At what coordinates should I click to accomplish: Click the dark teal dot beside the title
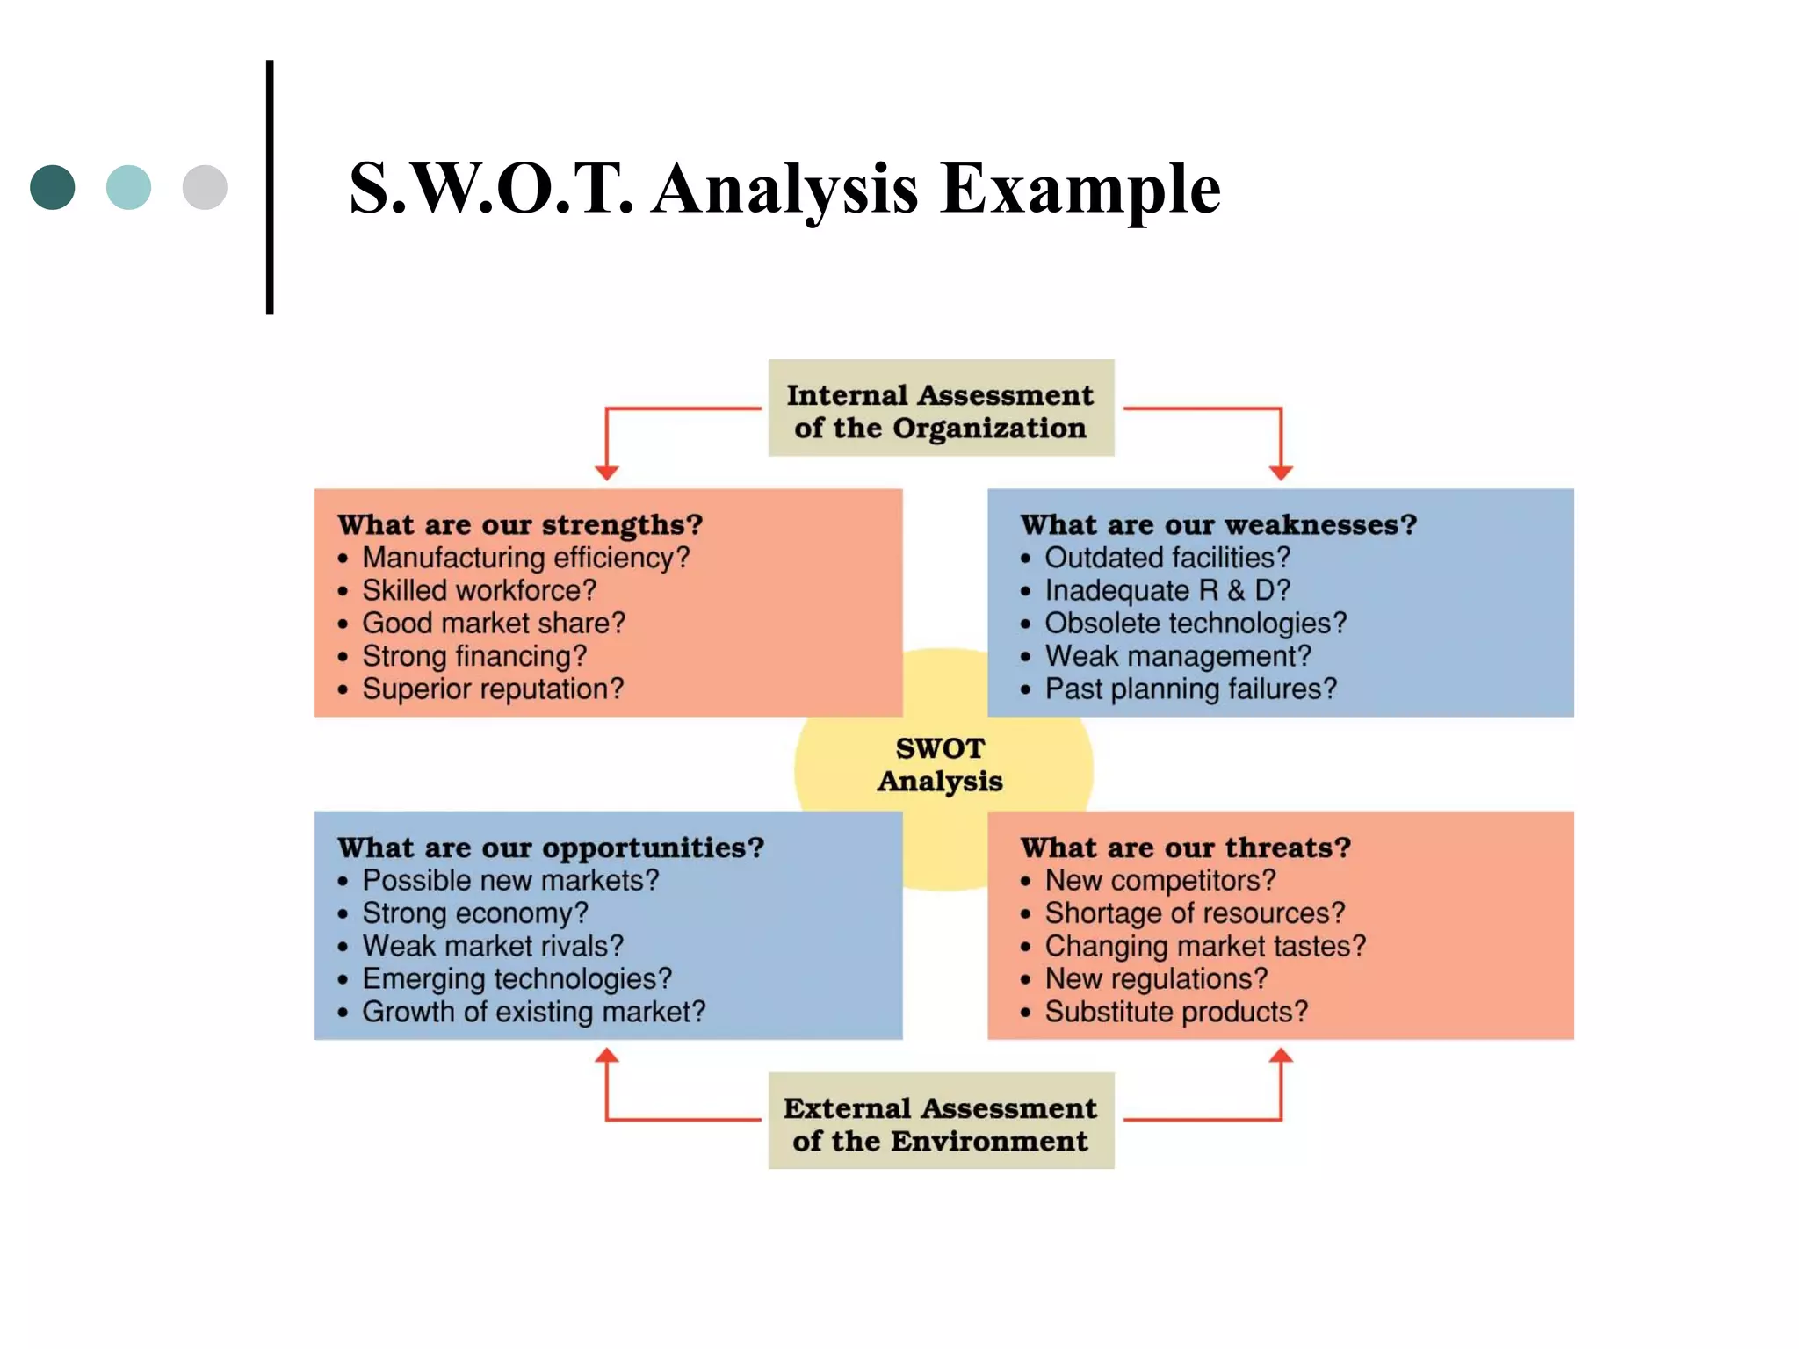click(53, 187)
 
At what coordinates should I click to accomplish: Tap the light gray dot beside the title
click(205, 187)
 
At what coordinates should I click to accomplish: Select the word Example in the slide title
click(1080, 189)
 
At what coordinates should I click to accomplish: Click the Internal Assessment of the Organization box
click(941, 408)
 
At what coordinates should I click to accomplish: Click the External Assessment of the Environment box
click(941, 1122)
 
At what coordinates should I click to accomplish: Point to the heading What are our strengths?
click(520, 525)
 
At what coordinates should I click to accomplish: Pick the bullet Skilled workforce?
click(479, 590)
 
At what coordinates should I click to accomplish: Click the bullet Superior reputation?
click(492, 689)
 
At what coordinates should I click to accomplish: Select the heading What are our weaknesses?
click(1218, 525)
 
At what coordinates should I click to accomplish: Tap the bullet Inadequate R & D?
click(1167, 590)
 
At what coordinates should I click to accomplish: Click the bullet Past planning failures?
click(1190, 689)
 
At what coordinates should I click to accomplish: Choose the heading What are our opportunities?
click(551, 848)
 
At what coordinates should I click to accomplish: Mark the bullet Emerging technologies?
click(517, 979)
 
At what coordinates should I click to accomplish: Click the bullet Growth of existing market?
click(533, 1012)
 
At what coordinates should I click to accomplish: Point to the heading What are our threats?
click(1185, 848)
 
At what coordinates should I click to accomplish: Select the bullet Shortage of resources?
click(1195, 913)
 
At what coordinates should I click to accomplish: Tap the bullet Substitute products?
click(1176, 1012)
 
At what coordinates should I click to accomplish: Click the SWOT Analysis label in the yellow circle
click(940, 765)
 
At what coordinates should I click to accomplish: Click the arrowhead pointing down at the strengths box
click(607, 473)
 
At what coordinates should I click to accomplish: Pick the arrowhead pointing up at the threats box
click(1281, 1056)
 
